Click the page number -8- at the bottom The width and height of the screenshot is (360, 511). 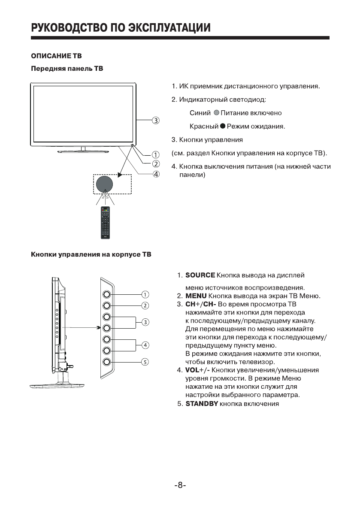tap(180, 485)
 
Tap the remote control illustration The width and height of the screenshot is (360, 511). tap(106, 222)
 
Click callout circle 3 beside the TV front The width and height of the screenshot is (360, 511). tap(156, 120)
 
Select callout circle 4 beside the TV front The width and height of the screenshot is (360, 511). tap(156, 174)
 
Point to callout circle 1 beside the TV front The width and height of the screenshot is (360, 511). tap(156, 155)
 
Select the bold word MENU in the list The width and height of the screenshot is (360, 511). tap(196, 296)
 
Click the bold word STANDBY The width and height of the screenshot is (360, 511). tap(202, 404)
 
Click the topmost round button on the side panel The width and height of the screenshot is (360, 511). tap(107, 295)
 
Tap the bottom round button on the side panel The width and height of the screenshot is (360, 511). tap(107, 362)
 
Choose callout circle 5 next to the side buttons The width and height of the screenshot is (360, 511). tap(145, 362)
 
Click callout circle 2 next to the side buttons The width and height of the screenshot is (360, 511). tap(145, 306)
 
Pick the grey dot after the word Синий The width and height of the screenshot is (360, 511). tap(216, 113)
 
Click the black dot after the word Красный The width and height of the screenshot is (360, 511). tap(223, 127)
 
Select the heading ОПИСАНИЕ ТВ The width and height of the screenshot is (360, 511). tap(56, 56)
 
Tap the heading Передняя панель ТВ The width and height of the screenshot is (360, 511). tap(67, 69)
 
